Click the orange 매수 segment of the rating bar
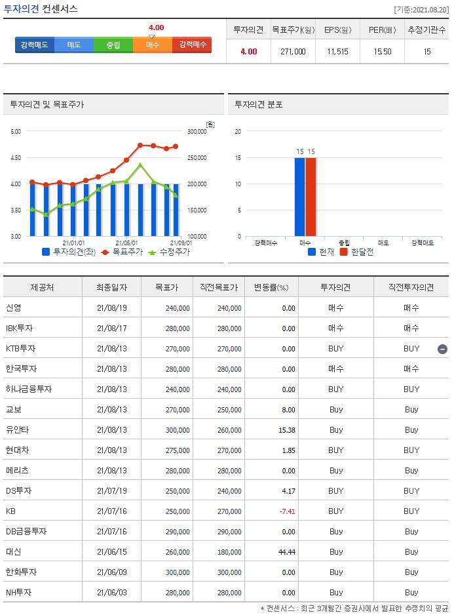153,45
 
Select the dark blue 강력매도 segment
34,45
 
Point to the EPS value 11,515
338,51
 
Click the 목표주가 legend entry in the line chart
123,252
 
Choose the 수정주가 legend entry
169,252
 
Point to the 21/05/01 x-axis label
126,242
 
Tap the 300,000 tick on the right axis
197,132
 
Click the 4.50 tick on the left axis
16,158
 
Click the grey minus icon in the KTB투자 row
442,349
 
